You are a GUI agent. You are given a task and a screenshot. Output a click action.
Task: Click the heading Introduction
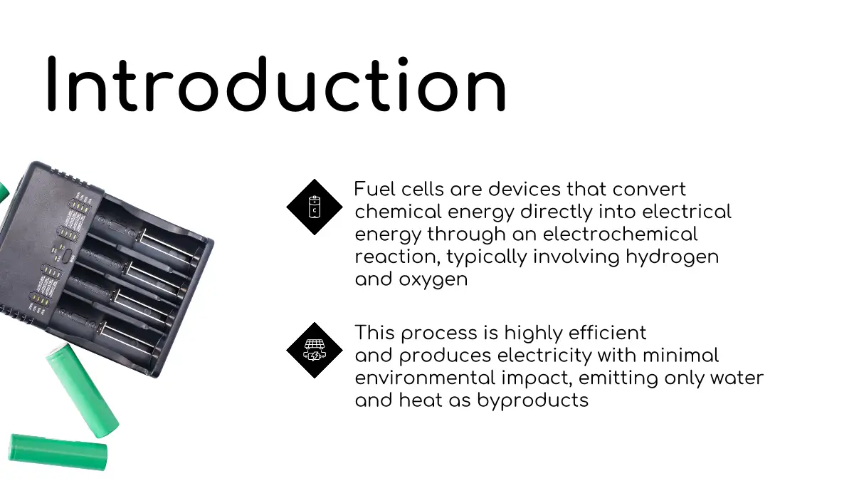tap(276, 85)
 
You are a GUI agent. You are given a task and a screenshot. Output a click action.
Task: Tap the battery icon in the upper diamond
tap(315, 207)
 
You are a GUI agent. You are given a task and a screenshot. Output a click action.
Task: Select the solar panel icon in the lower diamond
tap(315, 350)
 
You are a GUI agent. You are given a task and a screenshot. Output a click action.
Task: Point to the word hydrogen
tap(672, 257)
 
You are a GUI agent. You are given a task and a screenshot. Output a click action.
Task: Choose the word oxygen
tap(433, 280)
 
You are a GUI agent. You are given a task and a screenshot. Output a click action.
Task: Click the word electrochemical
tap(621, 234)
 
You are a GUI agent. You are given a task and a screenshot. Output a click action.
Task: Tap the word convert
tap(649, 190)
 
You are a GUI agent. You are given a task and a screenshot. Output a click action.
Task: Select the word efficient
tap(608, 333)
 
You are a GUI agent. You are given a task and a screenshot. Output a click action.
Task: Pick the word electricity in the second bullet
tap(544, 356)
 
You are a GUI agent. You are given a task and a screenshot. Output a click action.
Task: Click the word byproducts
tap(532, 401)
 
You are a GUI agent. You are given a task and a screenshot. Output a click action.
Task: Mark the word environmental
tap(425, 378)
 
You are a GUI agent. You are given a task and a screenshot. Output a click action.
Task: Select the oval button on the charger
tap(67, 256)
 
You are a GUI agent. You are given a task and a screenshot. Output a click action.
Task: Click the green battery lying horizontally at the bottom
tap(58, 452)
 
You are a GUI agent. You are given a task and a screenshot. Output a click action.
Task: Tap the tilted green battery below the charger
tap(83, 391)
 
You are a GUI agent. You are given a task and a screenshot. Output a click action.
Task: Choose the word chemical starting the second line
tap(399, 212)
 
